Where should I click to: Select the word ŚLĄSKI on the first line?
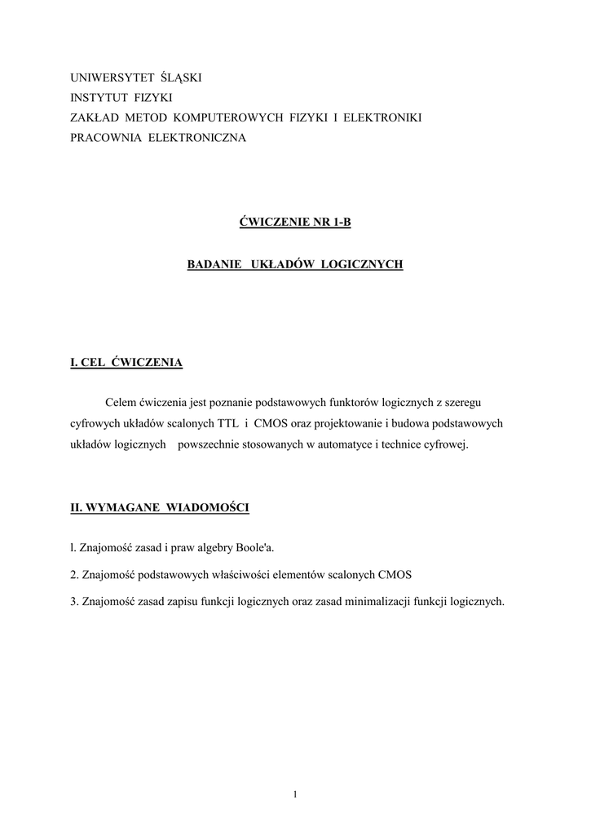[x=182, y=77]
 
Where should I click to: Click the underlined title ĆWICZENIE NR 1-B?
[x=295, y=223]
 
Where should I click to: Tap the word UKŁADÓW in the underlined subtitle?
[x=284, y=266]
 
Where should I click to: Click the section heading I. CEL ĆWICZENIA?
[x=126, y=362]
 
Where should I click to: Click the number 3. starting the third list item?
[x=74, y=602]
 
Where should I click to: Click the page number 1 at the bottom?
[x=295, y=795]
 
